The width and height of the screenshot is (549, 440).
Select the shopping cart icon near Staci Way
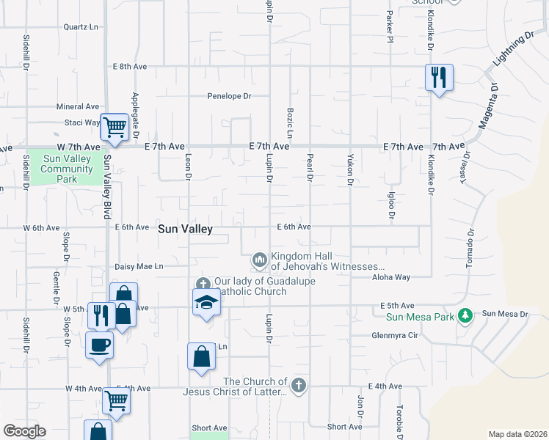(115, 128)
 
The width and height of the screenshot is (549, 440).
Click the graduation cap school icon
(207, 302)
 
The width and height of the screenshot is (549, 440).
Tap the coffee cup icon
(99, 344)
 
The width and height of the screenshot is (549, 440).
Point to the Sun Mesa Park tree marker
(464, 315)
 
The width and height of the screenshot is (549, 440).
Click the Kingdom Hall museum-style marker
(259, 260)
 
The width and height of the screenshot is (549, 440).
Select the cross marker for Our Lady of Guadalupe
(203, 284)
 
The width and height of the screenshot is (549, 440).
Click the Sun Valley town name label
(186, 230)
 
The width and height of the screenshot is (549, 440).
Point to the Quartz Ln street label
(81, 27)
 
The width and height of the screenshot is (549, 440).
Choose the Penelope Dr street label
(229, 96)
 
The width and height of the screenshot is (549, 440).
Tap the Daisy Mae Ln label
(139, 266)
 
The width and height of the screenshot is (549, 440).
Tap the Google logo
(24, 431)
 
